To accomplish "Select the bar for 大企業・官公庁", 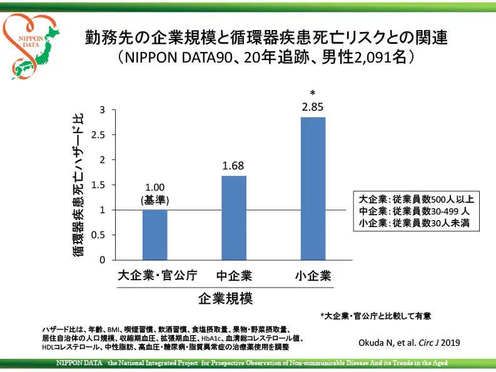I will (x=154, y=234).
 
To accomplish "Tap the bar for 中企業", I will (x=234, y=218).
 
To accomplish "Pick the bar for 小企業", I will (x=313, y=188).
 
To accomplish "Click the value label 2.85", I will (x=313, y=107).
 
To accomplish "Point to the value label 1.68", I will (x=233, y=166).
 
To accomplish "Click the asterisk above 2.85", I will (x=313, y=94).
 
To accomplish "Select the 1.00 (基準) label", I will (x=154, y=194).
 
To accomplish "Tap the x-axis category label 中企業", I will (x=234, y=275).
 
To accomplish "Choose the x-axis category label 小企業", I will (x=313, y=275).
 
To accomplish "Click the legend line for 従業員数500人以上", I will (x=416, y=200).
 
